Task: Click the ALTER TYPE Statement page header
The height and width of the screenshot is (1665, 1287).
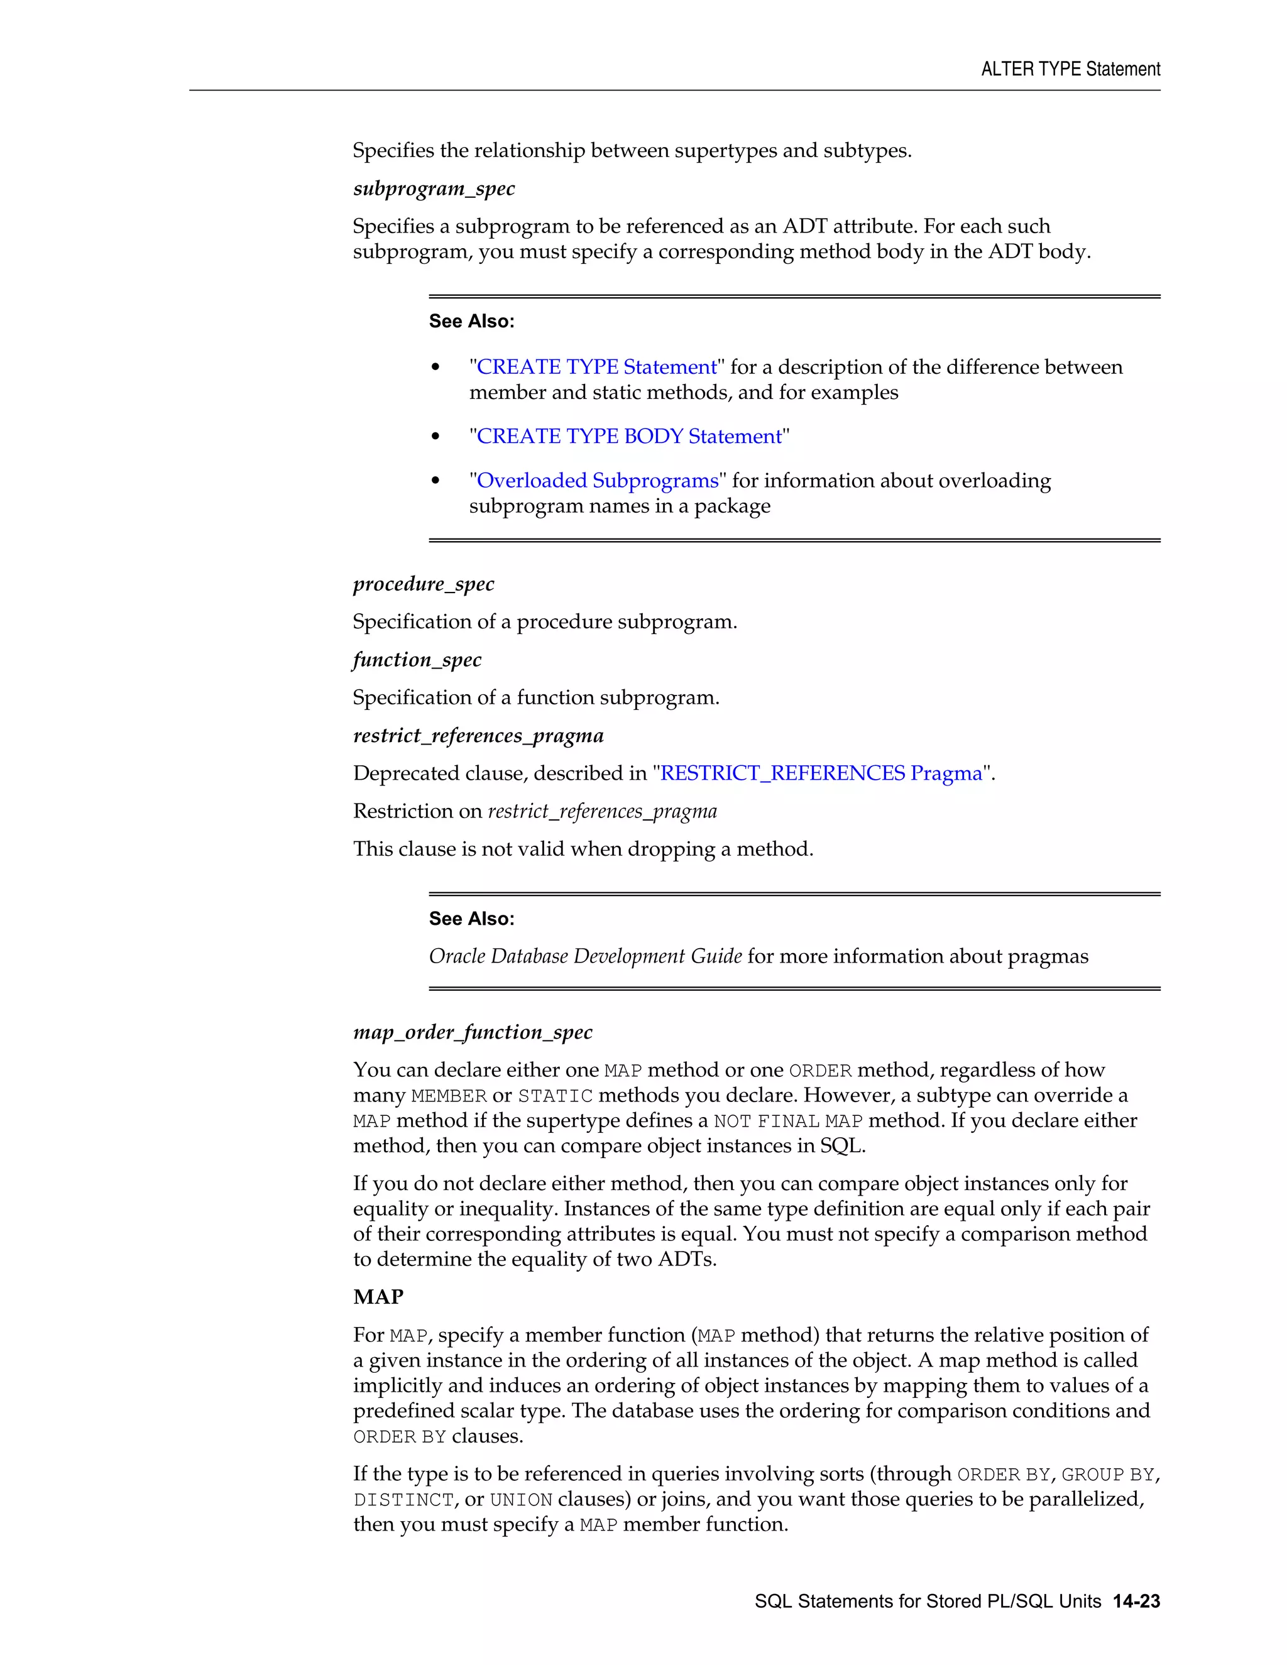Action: pyautogui.click(x=1070, y=69)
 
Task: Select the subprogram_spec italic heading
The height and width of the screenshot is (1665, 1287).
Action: pyautogui.click(x=434, y=188)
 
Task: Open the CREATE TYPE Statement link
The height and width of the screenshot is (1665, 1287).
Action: pyautogui.click(x=596, y=367)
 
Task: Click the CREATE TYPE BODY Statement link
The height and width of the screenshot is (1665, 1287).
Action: pyautogui.click(x=629, y=436)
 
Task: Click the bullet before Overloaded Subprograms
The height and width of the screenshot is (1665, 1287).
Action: pyautogui.click(x=436, y=480)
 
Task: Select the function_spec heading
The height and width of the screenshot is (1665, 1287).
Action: pyautogui.click(x=417, y=660)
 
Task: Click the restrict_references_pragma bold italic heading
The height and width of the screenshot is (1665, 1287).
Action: pyautogui.click(x=478, y=736)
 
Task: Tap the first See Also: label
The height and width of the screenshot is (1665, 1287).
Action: pyautogui.click(x=471, y=322)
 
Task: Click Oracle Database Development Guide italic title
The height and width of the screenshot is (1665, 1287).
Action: pyautogui.click(x=585, y=956)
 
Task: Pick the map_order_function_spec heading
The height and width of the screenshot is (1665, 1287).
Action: pyautogui.click(x=473, y=1032)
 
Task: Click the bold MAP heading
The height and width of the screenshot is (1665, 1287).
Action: pyautogui.click(x=378, y=1297)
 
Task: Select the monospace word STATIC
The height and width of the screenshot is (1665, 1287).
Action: pyautogui.click(x=555, y=1096)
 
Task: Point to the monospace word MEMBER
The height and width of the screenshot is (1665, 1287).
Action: pyautogui.click(x=448, y=1096)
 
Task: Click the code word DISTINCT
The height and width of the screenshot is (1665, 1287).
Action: pyautogui.click(x=403, y=1500)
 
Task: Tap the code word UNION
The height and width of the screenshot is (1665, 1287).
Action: pyautogui.click(x=521, y=1500)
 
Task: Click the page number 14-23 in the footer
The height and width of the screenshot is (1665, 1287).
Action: pyautogui.click(x=1136, y=1602)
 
